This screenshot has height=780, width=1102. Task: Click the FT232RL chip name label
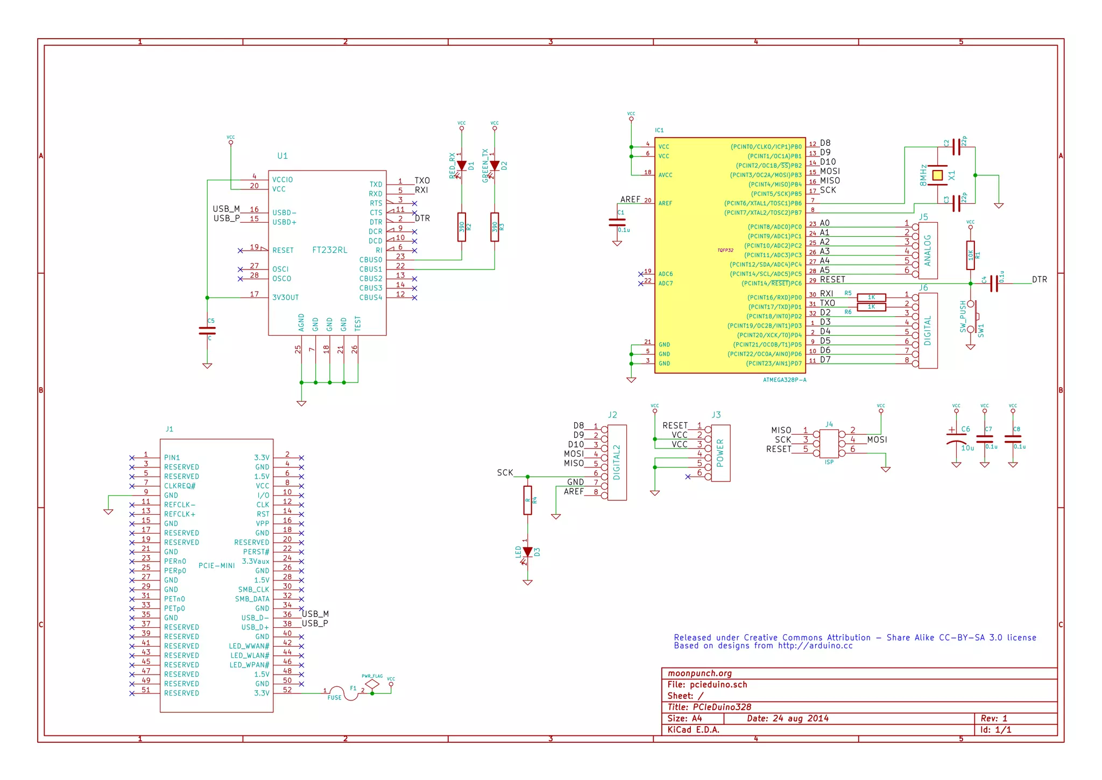pyautogui.click(x=329, y=250)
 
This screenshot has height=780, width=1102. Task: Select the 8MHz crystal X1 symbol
pyautogui.click(x=937, y=175)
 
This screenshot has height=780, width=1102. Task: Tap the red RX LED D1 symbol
pyautogui.click(x=461, y=166)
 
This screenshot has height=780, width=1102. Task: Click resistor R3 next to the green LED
pyautogui.click(x=495, y=227)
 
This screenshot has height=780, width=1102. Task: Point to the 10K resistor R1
pyautogui.click(x=970, y=255)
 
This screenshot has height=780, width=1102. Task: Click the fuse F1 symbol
pyautogui.click(x=343, y=693)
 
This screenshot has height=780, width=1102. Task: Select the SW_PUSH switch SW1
pyautogui.click(x=972, y=316)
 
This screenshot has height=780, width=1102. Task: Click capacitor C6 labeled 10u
pyautogui.click(x=956, y=438)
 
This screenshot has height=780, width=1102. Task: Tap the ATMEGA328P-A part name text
pyautogui.click(x=784, y=380)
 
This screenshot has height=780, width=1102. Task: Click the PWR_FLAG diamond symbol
pyautogui.click(x=372, y=685)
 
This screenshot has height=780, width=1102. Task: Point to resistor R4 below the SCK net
pyautogui.click(x=527, y=500)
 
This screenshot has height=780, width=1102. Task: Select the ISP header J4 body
pyautogui.click(x=829, y=444)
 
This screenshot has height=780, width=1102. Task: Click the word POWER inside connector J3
pyautogui.click(x=720, y=453)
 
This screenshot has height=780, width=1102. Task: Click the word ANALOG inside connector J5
pyautogui.click(x=927, y=251)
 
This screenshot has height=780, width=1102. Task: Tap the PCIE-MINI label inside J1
pyautogui.click(x=216, y=565)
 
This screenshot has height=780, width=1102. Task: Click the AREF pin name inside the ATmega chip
pyautogui.click(x=665, y=203)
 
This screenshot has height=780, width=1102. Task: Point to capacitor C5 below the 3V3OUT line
pyautogui.click(x=207, y=330)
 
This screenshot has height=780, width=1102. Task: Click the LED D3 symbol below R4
pyautogui.click(x=527, y=552)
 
